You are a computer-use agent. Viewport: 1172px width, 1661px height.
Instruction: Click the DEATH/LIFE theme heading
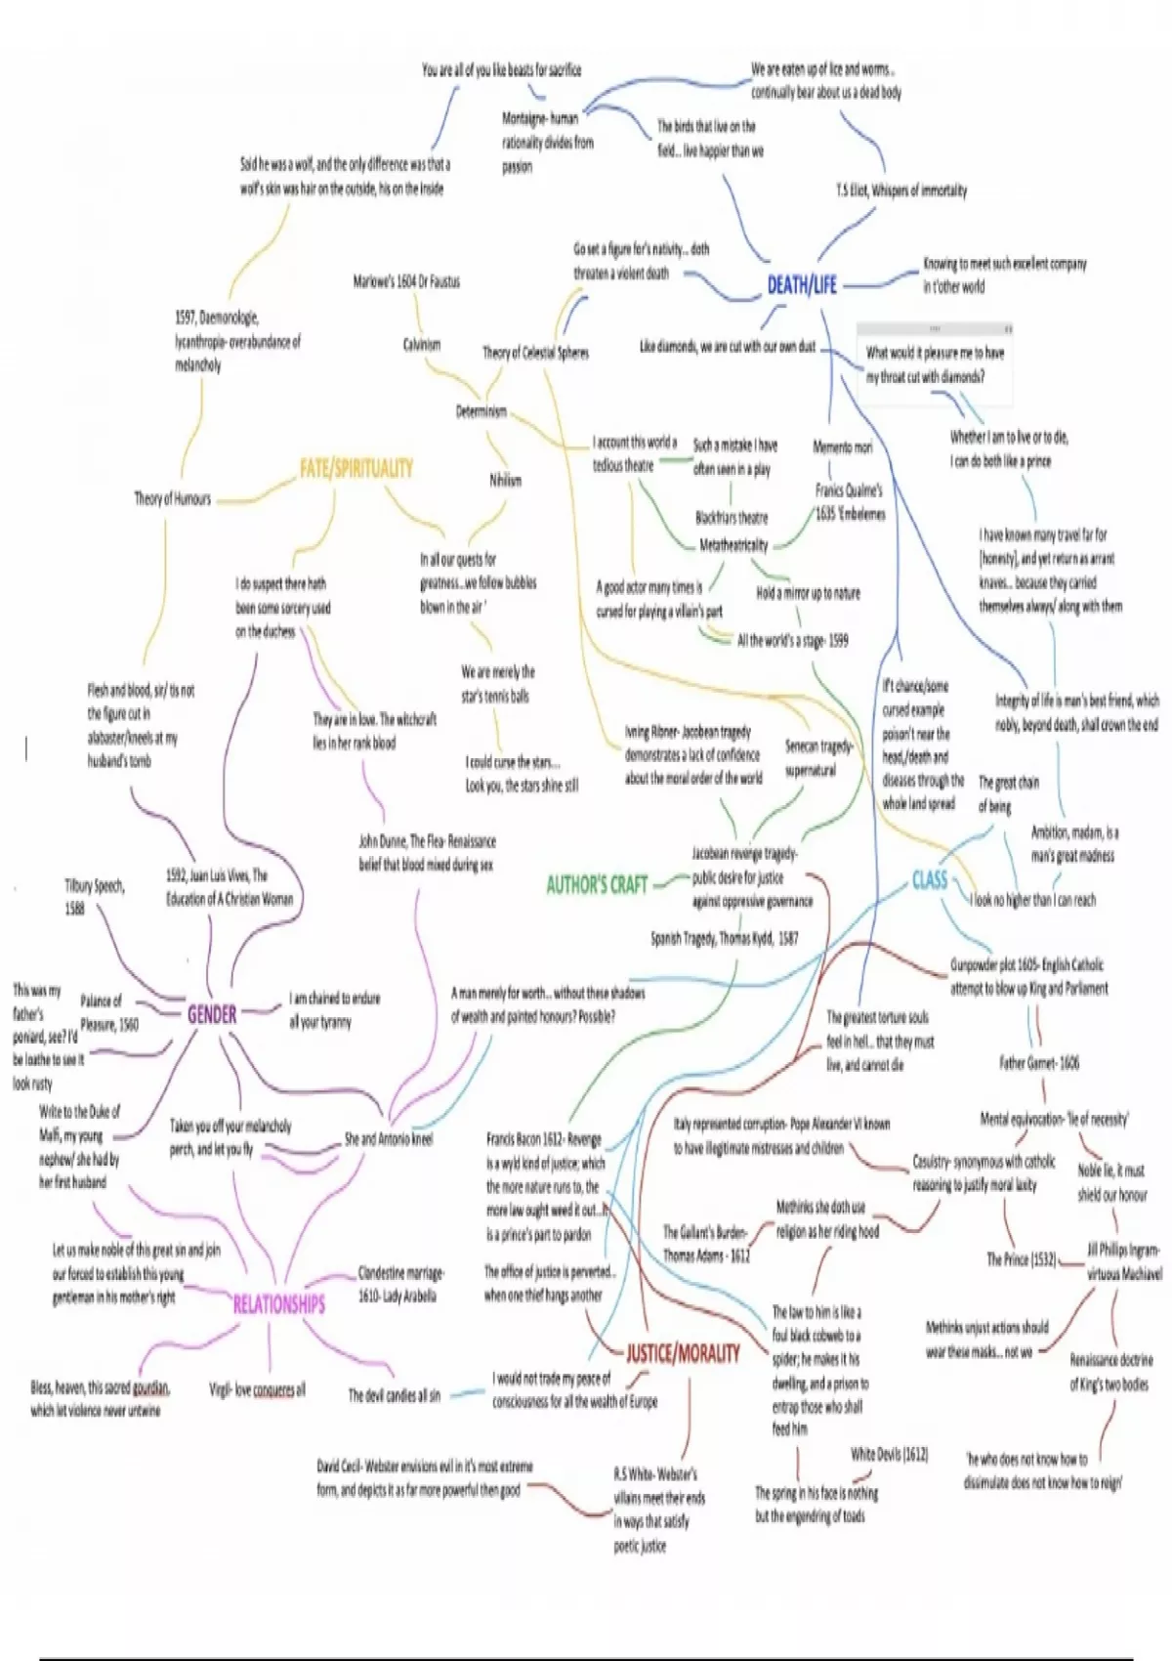coord(802,285)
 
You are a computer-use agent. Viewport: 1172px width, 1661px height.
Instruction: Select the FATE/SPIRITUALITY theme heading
coord(356,468)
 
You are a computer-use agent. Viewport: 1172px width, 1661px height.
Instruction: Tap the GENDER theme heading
coord(212,1014)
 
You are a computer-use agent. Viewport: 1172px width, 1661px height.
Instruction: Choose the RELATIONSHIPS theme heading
coord(278,1304)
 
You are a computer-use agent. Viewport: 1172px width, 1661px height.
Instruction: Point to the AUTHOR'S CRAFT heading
coord(597,885)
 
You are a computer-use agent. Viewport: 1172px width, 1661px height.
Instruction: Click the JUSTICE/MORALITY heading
coord(683,1353)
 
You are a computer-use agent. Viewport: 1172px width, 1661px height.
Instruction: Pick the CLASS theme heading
coord(929,879)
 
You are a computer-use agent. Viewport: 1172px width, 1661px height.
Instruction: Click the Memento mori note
coord(842,447)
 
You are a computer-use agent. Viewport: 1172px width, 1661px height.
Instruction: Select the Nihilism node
coord(505,481)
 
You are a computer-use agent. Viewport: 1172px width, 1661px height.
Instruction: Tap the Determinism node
coord(481,411)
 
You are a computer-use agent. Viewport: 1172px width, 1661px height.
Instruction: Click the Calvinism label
coord(422,345)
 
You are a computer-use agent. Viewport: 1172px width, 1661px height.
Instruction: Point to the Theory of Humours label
coord(173,499)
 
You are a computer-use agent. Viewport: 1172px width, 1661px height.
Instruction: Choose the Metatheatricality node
coord(733,545)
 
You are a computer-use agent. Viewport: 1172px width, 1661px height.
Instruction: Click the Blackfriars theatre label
coord(732,518)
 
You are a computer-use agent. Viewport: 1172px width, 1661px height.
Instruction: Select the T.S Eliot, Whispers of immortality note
coord(900,191)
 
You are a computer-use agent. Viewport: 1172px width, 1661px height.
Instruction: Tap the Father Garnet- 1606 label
coord(1039,1062)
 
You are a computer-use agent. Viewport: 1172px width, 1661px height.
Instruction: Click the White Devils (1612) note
coord(889,1454)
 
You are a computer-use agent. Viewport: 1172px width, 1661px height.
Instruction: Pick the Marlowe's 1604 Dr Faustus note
coord(406,282)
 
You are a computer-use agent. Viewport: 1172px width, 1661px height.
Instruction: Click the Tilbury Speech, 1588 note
coord(94,897)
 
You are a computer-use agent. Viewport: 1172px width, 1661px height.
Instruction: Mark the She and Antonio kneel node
coord(388,1139)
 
